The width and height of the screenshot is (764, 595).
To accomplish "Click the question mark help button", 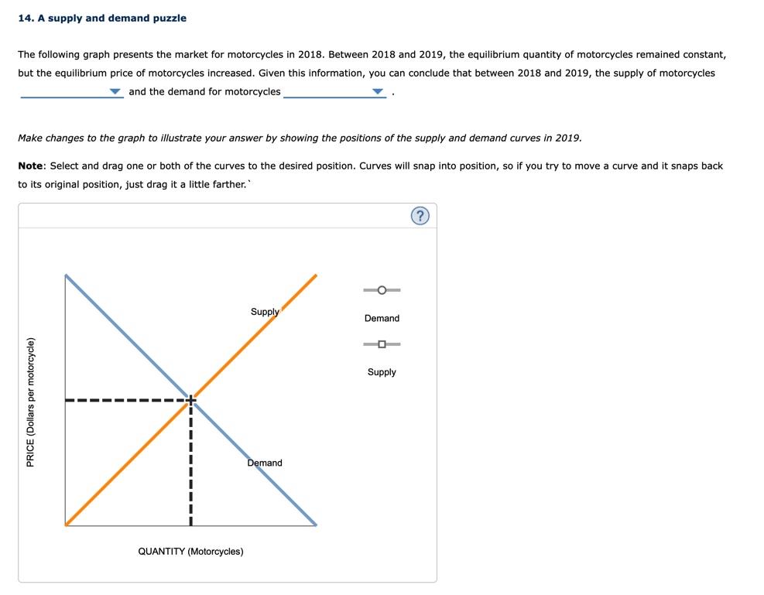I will click(x=420, y=216).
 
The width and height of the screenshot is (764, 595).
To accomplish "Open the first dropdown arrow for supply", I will click(x=115, y=92).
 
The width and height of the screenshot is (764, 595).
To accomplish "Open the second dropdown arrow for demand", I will click(x=378, y=92).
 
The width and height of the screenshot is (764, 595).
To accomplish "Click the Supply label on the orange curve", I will click(x=265, y=312).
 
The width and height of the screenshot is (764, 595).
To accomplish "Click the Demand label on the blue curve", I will click(x=265, y=463).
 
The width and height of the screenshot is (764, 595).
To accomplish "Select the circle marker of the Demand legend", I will click(x=382, y=290).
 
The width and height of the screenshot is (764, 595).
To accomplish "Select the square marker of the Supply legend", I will click(x=382, y=344).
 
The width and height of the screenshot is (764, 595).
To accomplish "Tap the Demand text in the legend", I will click(x=382, y=318).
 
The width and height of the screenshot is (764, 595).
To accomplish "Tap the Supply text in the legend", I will click(x=382, y=372).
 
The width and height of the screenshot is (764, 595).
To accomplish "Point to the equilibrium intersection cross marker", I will click(x=190, y=400).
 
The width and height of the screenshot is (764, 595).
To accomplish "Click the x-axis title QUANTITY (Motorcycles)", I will click(x=190, y=552).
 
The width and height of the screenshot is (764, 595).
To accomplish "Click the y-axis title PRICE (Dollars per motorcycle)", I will click(x=31, y=402).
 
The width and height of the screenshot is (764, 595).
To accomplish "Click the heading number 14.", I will click(x=26, y=18).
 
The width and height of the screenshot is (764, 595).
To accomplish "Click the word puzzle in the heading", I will click(x=170, y=18).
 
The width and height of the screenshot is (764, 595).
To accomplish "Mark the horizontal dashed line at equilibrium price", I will click(x=124, y=400).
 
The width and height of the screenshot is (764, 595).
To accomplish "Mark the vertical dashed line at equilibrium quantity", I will click(x=190, y=464).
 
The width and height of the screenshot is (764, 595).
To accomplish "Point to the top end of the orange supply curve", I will click(x=316, y=275).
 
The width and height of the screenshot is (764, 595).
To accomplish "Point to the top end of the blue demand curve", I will click(x=67, y=275).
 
